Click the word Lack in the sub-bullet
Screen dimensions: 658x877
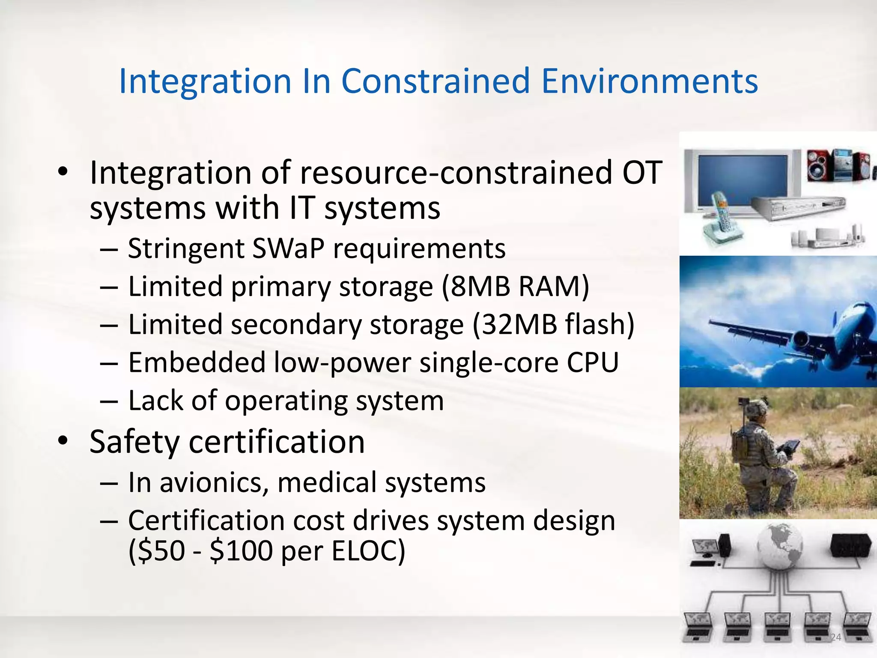click(x=155, y=401)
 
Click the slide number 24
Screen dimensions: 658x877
click(x=835, y=637)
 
